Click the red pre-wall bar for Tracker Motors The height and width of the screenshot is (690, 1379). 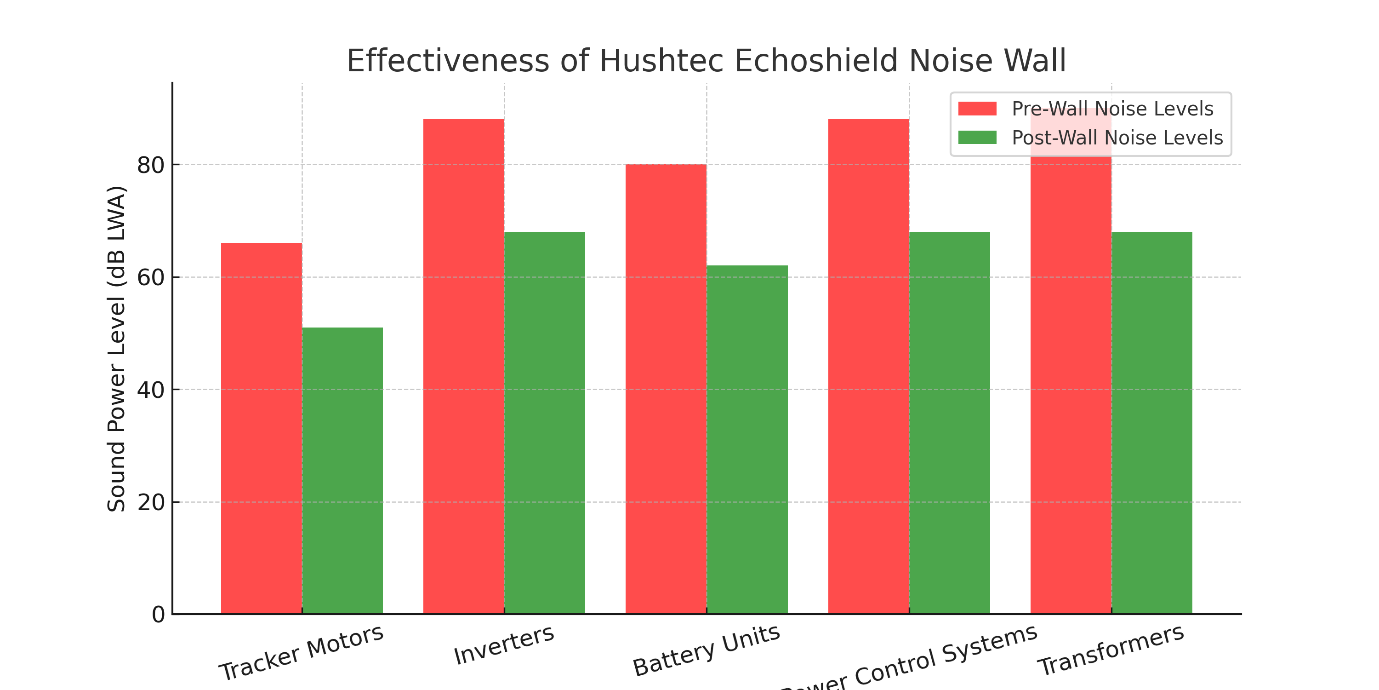261,429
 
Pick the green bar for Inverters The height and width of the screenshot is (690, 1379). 544,423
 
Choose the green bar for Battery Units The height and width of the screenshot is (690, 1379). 747,439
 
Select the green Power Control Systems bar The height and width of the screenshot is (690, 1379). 950,423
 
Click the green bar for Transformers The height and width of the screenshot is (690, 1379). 1152,423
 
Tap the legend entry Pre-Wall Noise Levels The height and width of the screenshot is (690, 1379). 1112,109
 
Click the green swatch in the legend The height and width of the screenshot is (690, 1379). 977,138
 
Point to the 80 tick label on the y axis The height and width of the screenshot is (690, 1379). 150,165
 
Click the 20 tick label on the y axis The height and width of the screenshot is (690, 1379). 150,502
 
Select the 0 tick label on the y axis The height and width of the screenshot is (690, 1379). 158,615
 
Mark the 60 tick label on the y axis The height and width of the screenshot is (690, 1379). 150,277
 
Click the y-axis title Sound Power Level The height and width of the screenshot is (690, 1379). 116,348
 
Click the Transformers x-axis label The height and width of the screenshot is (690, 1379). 1111,650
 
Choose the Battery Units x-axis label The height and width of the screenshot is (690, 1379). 706,650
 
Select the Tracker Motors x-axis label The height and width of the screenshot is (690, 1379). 301,652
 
